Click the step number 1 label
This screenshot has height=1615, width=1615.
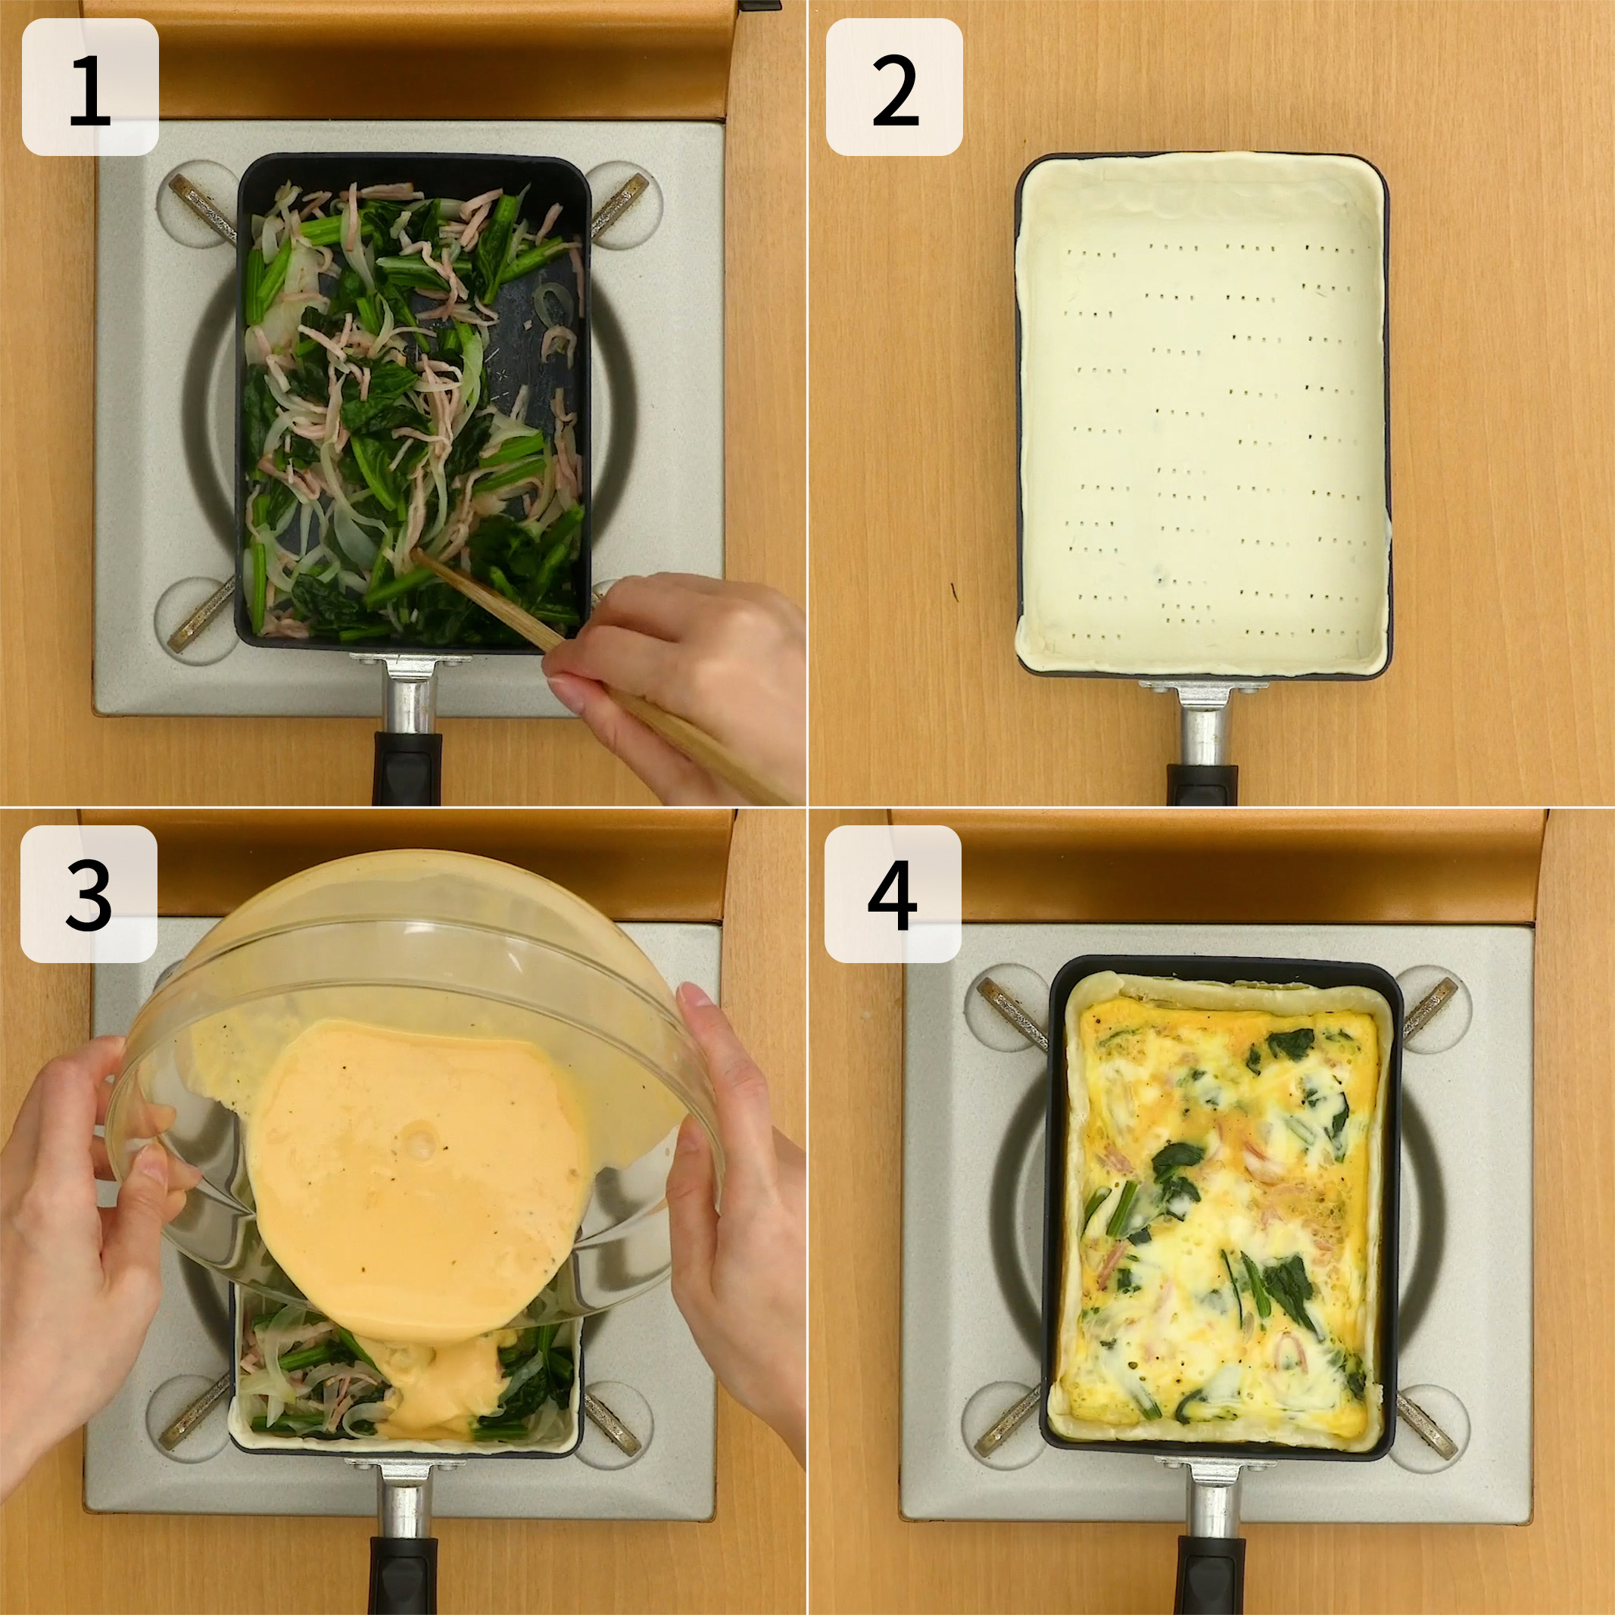point(89,87)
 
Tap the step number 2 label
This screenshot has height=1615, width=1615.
point(894,87)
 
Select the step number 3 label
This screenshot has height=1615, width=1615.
point(89,893)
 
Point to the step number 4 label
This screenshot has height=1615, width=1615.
point(893,893)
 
